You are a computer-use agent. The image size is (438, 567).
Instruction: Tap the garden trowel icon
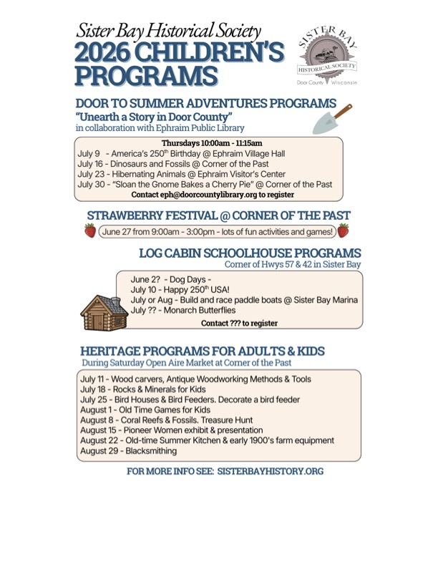pyautogui.click(x=334, y=119)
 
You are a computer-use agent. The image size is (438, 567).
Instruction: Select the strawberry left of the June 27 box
pyautogui.click(x=90, y=231)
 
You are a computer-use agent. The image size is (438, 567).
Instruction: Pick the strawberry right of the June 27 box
pyautogui.click(x=344, y=231)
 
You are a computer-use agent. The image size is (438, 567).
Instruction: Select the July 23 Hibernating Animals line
pyautogui.click(x=181, y=174)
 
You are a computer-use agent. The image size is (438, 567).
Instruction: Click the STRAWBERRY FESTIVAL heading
pyautogui.click(x=218, y=215)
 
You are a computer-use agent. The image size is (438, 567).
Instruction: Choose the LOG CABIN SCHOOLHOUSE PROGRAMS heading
pyautogui.click(x=250, y=253)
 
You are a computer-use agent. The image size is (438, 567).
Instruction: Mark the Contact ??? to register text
pyautogui.click(x=239, y=323)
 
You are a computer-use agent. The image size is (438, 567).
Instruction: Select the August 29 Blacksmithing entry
pyautogui.click(x=128, y=451)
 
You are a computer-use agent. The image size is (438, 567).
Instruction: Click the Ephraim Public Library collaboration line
pyautogui.click(x=160, y=127)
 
